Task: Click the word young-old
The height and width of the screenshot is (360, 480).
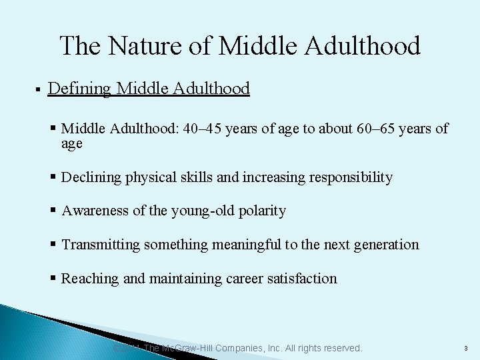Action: (199, 211)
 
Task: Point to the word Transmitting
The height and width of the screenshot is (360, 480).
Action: (100, 245)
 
